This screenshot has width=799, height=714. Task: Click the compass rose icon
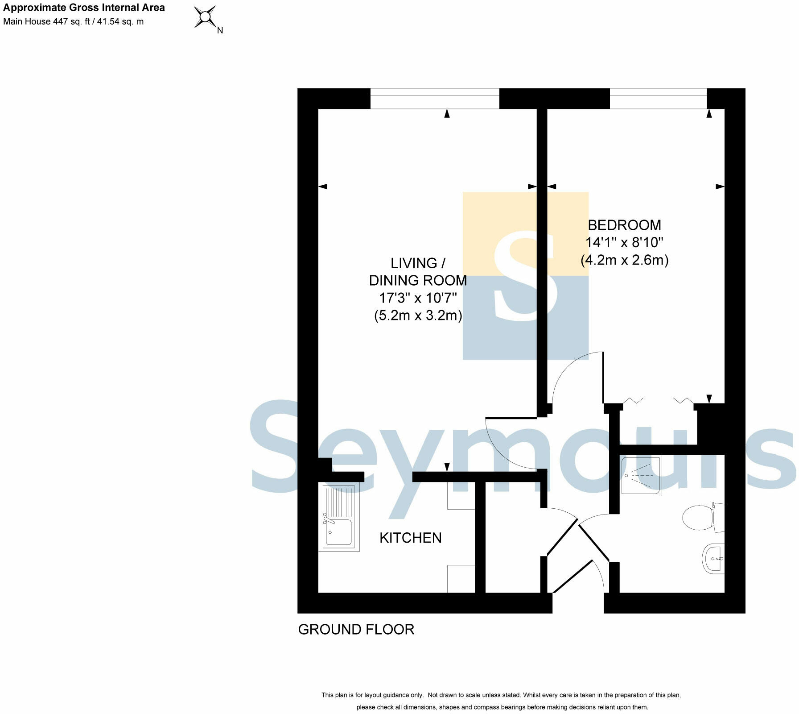coord(205,17)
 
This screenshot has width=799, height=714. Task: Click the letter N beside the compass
coord(220,31)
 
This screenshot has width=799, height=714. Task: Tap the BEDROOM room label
coord(624,225)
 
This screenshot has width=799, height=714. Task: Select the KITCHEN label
coord(410,538)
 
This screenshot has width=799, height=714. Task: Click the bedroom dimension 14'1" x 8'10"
coord(624,243)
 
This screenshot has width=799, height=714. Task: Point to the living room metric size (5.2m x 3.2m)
coord(418,315)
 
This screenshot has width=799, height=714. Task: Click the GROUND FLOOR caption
coord(356,630)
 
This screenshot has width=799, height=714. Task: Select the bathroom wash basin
coord(713,559)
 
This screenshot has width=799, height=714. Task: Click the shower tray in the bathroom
coord(641,476)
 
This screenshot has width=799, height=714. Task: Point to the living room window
coord(435,99)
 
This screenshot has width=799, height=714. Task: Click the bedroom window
coord(658,99)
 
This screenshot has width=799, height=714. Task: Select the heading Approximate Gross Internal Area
coord(84,8)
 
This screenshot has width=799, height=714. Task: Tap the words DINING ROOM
coord(418,281)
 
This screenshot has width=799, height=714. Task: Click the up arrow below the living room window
coord(447,114)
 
